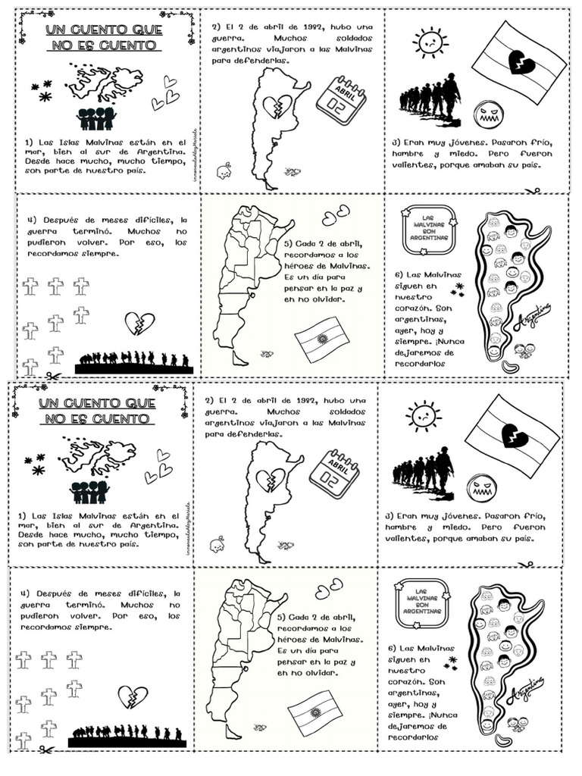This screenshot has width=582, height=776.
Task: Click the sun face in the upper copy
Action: pyautogui.click(x=430, y=42)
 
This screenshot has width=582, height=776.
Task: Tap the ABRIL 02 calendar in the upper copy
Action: pyautogui.click(x=340, y=100)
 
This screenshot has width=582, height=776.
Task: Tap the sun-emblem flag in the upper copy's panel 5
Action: pyautogui.click(x=321, y=339)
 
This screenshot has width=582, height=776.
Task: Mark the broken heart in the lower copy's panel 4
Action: pyautogui.click(x=133, y=696)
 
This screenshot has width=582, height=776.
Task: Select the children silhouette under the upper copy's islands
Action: pyautogui.click(x=96, y=118)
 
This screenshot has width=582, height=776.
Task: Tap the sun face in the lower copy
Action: pyautogui.click(x=423, y=416)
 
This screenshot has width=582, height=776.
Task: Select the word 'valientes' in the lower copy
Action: pyautogui.click(x=408, y=539)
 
